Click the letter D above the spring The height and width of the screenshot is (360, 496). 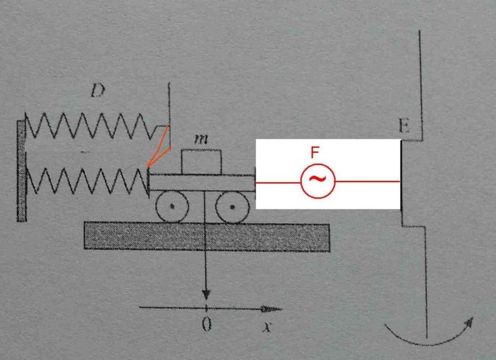[98, 91]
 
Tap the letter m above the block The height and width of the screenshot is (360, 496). [201, 139]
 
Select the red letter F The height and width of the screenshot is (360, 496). [315, 152]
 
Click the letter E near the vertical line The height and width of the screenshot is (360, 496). [404, 125]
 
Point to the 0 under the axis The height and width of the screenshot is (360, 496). [207, 324]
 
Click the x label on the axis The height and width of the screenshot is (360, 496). [267, 327]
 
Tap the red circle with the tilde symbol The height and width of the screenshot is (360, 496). [317, 181]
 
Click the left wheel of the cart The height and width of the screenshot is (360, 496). [172, 206]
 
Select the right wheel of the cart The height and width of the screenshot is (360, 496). [232, 207]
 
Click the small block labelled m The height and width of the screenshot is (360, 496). [201, 162]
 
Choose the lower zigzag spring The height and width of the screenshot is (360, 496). [87, 180]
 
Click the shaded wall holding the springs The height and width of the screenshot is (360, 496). [21, 171]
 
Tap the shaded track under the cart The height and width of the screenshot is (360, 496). [207, 237]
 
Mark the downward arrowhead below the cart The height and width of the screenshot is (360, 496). [206, 295]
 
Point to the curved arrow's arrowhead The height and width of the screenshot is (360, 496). [469, 322]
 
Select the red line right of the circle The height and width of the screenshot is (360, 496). [368, 181]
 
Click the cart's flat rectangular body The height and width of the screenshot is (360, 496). [202, 183]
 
